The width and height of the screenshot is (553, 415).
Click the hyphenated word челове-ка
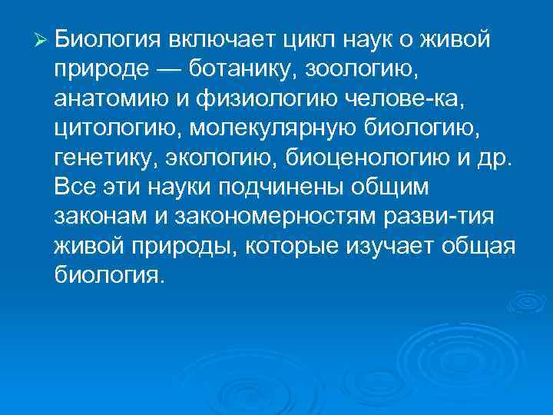point(417,102)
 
